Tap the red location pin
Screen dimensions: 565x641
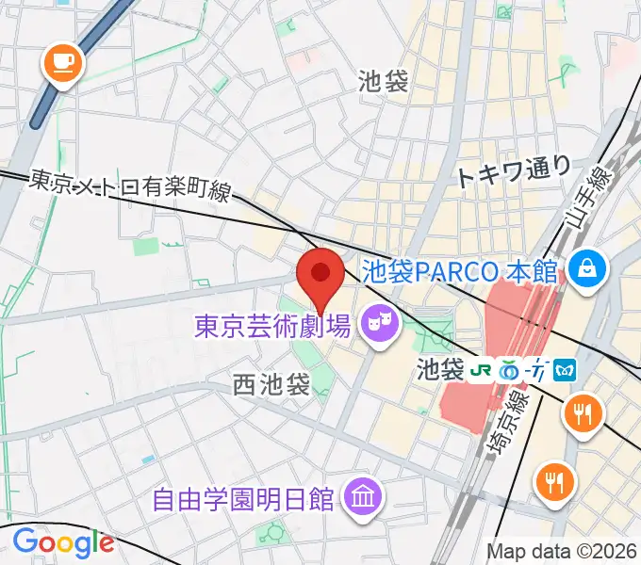pos(320,276)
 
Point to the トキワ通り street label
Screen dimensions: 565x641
pos(515,171)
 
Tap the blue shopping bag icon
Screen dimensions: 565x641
pos(587,269)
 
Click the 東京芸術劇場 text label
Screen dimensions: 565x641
pos(272,328)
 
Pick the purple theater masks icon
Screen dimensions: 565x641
pos(380,327)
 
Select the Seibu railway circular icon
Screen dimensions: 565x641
pos(512,368)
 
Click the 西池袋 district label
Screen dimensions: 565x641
pos(271,384)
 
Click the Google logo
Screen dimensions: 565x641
pos(63,542)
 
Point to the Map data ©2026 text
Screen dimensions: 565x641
pos(560,551)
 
